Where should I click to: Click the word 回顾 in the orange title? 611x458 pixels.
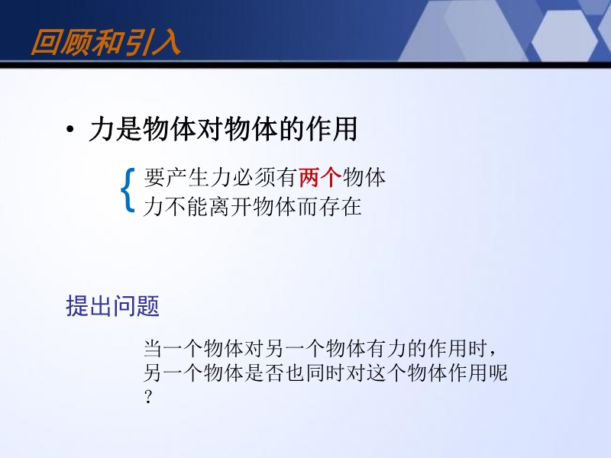click(60, 42)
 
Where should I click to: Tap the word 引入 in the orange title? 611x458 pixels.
click(151, 42)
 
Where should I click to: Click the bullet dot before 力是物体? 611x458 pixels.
click(70, 129)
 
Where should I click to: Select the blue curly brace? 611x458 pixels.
click(128, 190)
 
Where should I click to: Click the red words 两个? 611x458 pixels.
click(320, 178)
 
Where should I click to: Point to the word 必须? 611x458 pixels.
click(254, 178)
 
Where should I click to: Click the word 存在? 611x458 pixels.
click(340, 206)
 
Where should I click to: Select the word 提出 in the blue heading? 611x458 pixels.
click(89, 306)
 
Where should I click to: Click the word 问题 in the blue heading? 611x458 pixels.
click(136, 306)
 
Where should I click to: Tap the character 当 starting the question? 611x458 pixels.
click(154, 348)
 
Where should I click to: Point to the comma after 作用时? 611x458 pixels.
click(493, 353)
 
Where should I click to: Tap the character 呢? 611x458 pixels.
click(498, 373)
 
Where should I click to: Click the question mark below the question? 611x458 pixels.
click(148, 397)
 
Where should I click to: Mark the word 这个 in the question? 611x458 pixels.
click(386, 373)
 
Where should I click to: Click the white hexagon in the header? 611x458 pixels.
click(564, 36)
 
